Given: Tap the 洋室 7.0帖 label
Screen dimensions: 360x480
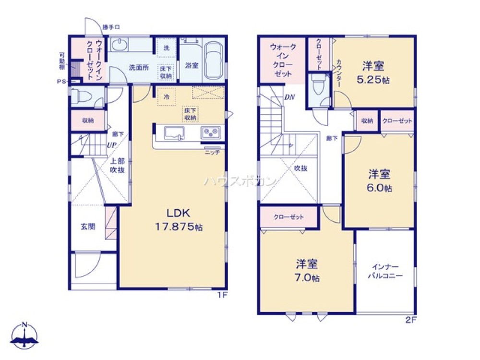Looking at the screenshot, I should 308,271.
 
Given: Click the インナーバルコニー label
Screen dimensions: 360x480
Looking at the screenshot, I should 385,271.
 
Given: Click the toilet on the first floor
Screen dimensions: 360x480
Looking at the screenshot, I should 80,96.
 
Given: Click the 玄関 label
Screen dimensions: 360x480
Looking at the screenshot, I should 87,226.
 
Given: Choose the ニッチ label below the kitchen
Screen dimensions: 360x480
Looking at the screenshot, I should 212,152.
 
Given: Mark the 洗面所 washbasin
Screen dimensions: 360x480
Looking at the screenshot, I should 119,45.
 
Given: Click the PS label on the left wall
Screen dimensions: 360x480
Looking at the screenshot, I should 61,82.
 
